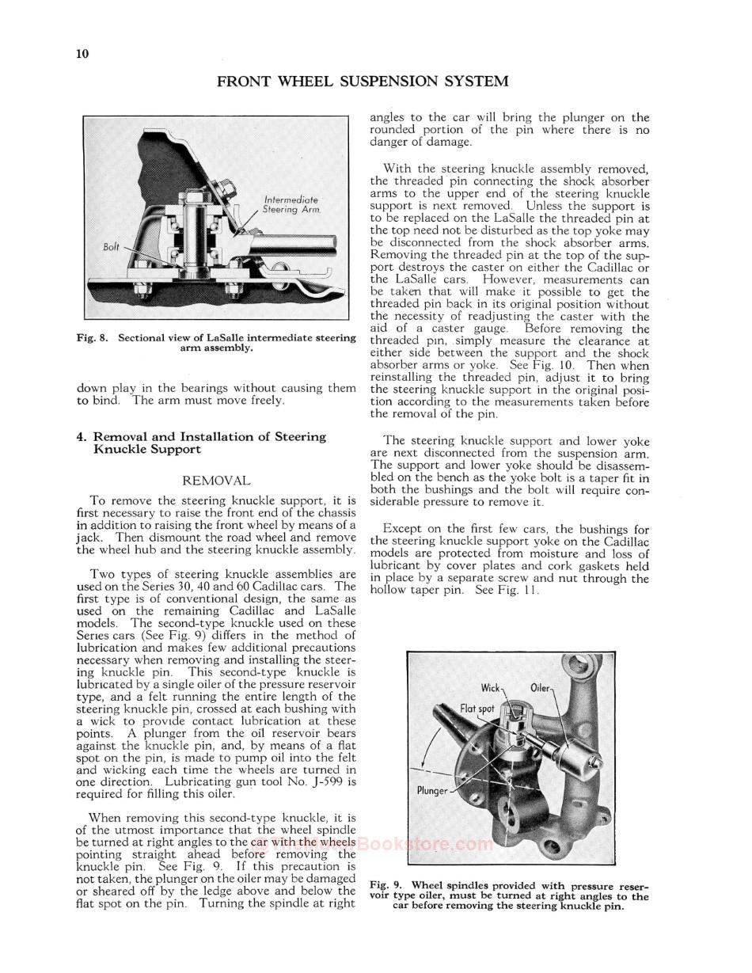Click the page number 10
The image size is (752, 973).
pos(82,54)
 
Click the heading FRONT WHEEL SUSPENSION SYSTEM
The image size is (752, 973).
pos(362,82)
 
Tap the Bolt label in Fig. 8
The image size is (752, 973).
pos(112,246)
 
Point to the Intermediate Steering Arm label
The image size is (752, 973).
pos(291,205)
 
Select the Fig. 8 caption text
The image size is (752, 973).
pos(216,343)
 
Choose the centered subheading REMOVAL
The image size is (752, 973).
pos(216,481)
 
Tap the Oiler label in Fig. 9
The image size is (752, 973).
pos(540,687)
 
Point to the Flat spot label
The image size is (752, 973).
pos(477,708)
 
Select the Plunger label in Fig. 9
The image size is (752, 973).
pos(432,790)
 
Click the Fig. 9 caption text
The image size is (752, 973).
pos(509,895)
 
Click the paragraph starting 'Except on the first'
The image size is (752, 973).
pos(509,560)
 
